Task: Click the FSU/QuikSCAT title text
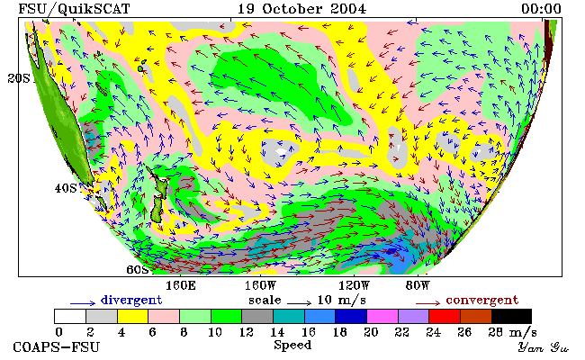(x=74, y=9)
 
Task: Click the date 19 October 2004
(x=301, y=8)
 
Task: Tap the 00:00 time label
(x=541, y=8)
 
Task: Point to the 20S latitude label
(x=18, y=78)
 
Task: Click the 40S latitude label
(x=66, y=188)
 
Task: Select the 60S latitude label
(x=138, y=269)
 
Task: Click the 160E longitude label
(x=181, y=286)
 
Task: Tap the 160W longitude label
(x=260, y=286)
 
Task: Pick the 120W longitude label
(x=354, y=286)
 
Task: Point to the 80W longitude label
(x=418, y=286)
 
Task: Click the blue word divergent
(x=131, y=300)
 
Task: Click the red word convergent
(x=482, y=300)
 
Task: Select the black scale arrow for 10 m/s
(x=299, y=303)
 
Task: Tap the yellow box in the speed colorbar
(x=133, y=317)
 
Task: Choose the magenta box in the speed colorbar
(x=382, y=317)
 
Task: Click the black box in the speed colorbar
(x=511, y=317)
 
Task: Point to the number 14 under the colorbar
(x=277, y=332)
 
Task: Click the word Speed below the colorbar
(x=292, y=345)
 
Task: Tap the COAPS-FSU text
(x=57, y=347)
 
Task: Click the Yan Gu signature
(x=544, y=348)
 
